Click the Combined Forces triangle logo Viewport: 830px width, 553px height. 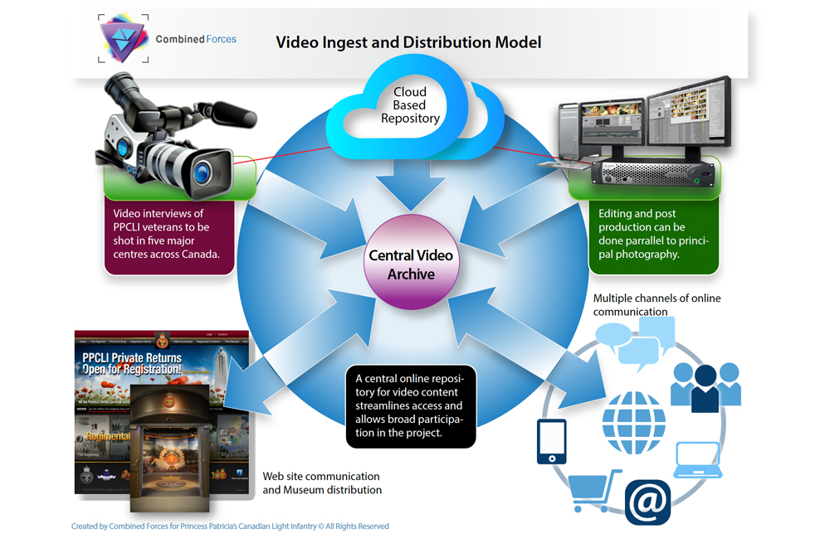123,38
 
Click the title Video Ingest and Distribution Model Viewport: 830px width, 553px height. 408,41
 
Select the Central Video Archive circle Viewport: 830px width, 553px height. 411,264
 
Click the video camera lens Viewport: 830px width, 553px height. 202,172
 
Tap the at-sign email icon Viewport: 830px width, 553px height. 647,502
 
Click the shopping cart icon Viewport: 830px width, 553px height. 594,490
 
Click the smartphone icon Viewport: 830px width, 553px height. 551,442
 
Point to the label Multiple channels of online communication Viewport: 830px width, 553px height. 656,305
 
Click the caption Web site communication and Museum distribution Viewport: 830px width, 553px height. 322,483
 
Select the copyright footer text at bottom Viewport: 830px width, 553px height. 230,526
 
